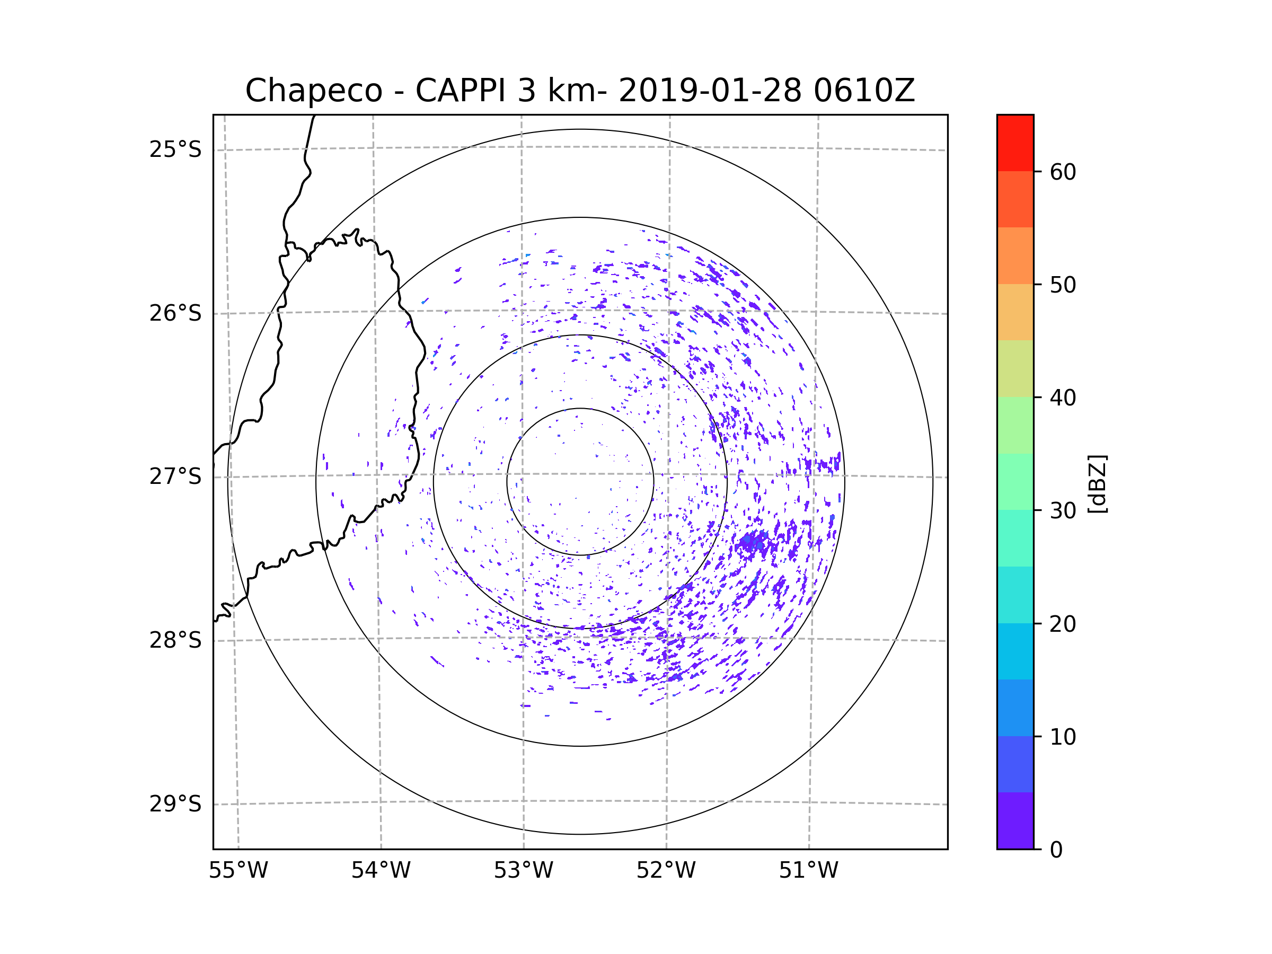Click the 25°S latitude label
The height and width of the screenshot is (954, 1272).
(x=175, y=149)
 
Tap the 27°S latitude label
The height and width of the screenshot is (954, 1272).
(x=175, y=476)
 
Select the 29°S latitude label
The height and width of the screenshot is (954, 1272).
(x=175, y=803)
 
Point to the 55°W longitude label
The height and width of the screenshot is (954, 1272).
(x=238, y=870)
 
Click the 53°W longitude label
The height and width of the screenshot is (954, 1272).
(x=523, y=870)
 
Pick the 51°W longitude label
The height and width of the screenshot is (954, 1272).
(x=808, y=870)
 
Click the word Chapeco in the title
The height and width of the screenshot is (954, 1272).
(x=313, y=91)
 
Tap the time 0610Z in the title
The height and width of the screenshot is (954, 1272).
(x=864, y=91)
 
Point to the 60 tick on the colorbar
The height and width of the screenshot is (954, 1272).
(x=1063, y=172)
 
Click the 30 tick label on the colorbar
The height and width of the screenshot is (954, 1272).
(x=1063, y=510)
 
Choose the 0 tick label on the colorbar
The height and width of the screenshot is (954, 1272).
(x=1056, y=850)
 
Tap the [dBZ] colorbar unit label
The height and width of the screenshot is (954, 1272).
(x=1097, y=483)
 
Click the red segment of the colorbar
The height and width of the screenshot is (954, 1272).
(x=1015, y=143)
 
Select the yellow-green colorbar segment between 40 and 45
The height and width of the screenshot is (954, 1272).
(x=1015, y=368)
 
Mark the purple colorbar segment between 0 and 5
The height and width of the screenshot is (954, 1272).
(x=1015, y=820)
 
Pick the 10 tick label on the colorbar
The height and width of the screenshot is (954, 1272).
(x=1063, y=737)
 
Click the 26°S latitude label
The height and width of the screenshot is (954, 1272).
(x=175, y=313)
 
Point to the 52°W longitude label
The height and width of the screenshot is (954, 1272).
(x=666, y=870)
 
